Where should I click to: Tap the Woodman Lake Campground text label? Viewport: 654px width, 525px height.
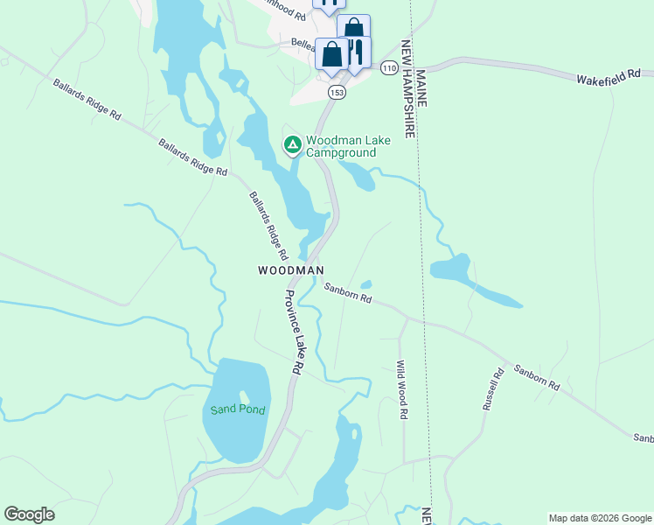pyautogui.click(x=341, y=146)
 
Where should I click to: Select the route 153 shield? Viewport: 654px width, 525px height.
pyautogui.click(x=337, y=92)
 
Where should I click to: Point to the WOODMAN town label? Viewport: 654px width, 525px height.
pyautogui.click(x=291, y=270)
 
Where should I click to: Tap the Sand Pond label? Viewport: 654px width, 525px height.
pyautogui.click(x=237, y=409)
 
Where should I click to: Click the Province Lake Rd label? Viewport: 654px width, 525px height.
pyautogui.click(x=292, y=332)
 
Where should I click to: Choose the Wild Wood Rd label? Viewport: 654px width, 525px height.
pyautogui.click(x=401, y=390)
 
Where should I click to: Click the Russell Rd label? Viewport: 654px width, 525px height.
pyautogui.click(x=494, y=389)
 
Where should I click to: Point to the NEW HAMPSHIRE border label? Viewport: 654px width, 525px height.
pyautogui.click(x=407, y=87)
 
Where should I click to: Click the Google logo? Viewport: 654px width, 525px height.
pyautogui.click(x=29, y=514)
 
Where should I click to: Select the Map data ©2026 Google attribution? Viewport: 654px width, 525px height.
pyautogui.click(x=600, y=518)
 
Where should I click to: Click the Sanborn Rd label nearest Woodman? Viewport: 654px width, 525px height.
pyautogui.click(x=348, y=293)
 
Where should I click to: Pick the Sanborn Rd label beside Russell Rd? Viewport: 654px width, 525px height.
pyautogui.click(x=536, y=377)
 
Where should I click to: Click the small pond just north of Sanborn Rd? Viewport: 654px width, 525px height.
pyautogui.click(x=365, y=283)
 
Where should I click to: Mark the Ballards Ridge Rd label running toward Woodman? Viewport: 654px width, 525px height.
pyautogui.click(x=268, y=227)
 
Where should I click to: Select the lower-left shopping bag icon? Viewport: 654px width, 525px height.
pyautogui.click(x=332, y=55)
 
